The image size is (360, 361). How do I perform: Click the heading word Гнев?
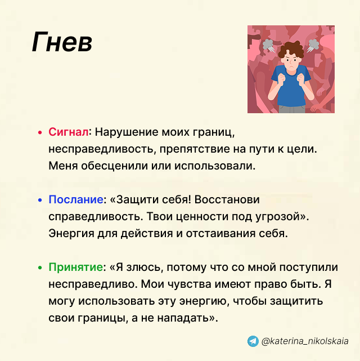point(62,43)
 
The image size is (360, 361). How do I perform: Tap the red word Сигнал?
point(69,132)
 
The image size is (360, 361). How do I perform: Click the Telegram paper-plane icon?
point(253,341)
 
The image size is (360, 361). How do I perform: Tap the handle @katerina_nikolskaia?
point(305,341)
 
